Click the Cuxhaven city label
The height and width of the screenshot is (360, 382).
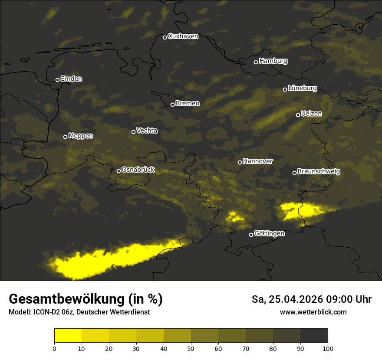click(183, 36)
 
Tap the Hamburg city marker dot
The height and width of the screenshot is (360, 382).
click(256, 62)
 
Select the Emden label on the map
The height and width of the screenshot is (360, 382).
click(71, 79)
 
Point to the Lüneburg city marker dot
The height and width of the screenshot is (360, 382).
click(285, 89)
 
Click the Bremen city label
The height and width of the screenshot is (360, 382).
click(188, 104)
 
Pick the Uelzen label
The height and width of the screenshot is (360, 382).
click(311, 114)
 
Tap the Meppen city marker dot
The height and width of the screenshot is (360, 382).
click(65, 137)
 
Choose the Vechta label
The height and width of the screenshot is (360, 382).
click(147, 131)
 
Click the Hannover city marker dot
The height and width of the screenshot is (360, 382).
click(240, 162)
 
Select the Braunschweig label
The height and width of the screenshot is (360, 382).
click(319, 172)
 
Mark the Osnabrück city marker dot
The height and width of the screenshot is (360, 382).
click(119, 171)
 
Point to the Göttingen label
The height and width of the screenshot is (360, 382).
click(269, 234)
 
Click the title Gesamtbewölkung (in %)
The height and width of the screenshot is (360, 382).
click(86, 299)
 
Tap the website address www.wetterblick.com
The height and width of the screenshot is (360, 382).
click(313, 312)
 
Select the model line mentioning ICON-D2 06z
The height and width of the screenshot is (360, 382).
click(79, 312)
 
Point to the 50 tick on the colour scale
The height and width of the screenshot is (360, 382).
click(191, 348)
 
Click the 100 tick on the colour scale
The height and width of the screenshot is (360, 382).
click(328, 348)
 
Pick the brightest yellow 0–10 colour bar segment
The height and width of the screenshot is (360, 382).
click(68, 336)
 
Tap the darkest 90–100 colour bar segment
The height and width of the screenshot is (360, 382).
click(314, 336)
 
